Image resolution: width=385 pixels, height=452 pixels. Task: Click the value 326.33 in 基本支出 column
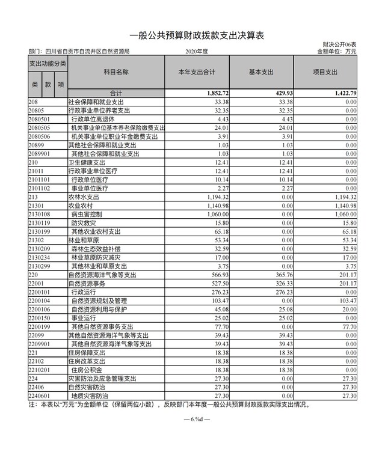284,282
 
